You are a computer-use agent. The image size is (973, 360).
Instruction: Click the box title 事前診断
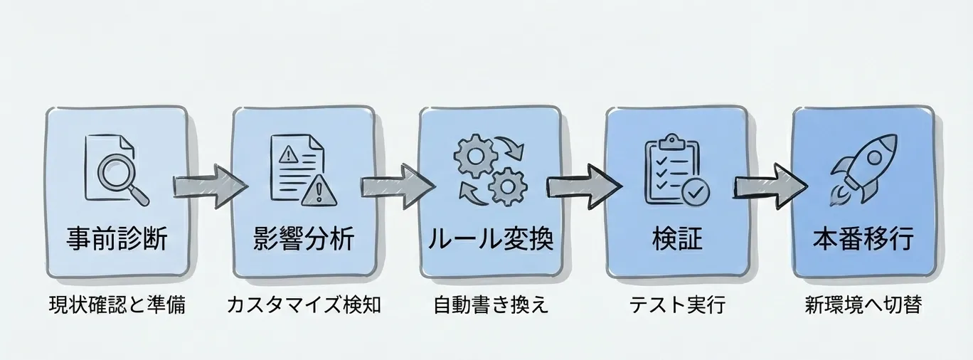pyautogui.click(x=117, y=238)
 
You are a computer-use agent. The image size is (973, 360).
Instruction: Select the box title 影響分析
pyautogui.click(x=303, y=238)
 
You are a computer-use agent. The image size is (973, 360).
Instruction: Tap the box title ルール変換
pyautogui.click(x=490, y=238)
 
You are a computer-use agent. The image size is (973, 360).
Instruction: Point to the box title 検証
pyautogui.click(x=676, y=238)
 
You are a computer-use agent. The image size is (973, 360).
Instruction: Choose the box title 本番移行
pyautogui.click(x=863, y=238)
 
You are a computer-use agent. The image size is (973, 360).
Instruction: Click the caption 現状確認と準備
pyautogui.click(x=117, y=306)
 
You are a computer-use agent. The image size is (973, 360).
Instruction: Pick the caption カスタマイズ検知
pyautogui.click(x=304, y=306)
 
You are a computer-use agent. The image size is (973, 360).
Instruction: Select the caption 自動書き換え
pyautogui.click(x=491, y=306)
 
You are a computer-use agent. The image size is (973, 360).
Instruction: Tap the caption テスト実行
pyautogui.click(x=676, y=306)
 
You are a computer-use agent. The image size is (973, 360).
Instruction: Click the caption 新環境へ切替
pyautogui.click(x=863, y=306)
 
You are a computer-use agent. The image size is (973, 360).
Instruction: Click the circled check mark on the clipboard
pyautogui.click(x=693, y=191)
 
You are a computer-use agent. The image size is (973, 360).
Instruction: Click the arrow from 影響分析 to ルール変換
pyautogui.click(x=397, y=187)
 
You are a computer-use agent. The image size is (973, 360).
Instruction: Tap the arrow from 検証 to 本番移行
pyautogui.click(x=770, y=187)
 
